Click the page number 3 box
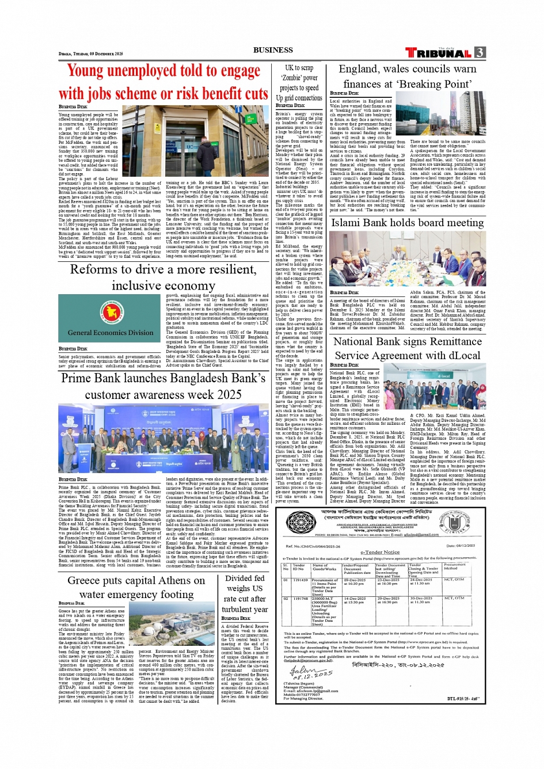(x=480, y=52)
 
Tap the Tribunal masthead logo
(x=440, y=53)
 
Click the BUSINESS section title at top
(x=273, y=50)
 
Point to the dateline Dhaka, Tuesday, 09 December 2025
(x=91, y=54)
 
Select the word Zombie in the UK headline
(x=291, y=78)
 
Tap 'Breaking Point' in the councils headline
(x=435, y=84)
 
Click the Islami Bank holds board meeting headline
(x=407, y=223)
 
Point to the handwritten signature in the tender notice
(x=311, y=672)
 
